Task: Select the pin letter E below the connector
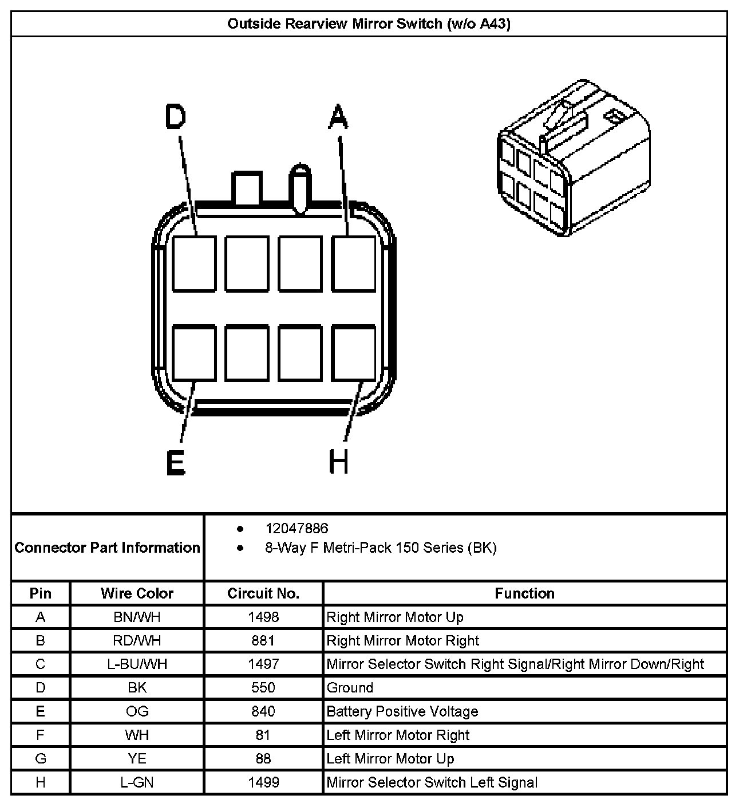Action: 175,463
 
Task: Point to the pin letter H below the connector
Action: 339,462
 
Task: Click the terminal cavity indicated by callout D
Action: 194,264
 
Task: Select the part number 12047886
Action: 297,528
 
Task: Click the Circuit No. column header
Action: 263,593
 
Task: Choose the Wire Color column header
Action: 137,593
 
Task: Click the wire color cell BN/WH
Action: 137,617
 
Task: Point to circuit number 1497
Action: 263,664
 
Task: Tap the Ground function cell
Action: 350,688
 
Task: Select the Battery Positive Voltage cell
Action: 402,711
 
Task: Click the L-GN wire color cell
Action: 137,782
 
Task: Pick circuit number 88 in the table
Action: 263,759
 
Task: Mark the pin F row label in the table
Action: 40,735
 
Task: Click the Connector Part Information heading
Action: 108,548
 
